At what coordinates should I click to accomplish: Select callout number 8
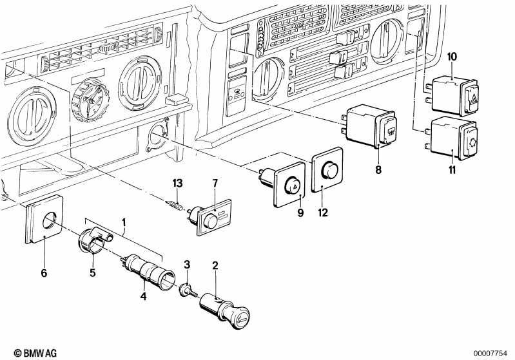tap(378, 170)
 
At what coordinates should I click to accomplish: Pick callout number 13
tap(178, 184)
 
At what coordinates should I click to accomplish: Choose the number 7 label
tap(216, 184)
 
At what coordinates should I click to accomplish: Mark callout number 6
tap(44, 273)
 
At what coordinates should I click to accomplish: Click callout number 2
tap(215, 265)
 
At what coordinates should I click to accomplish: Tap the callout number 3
tap(187, 265)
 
